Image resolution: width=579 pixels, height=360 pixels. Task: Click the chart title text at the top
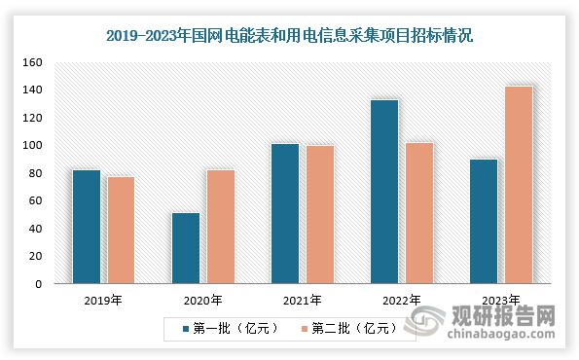pyautogui.click(x=289, y=37)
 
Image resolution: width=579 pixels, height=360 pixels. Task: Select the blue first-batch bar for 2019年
pyautogui.click(x=87, y=227)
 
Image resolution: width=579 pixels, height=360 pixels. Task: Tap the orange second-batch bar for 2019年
pyautogui.click(x=121, y=231)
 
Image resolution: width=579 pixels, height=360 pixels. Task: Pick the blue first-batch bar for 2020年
pyautogui.click(x=186, y=248)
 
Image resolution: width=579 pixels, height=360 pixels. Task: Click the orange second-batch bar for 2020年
pyautogui.click(x=220, y=227)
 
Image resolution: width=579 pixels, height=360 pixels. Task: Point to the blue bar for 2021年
pyautogui.click(x=285, y=214)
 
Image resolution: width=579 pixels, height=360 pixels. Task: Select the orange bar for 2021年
pyautogui.click(x=319, y=215)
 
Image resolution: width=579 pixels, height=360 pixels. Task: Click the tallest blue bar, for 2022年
pyautogui.click(x=384, y=192)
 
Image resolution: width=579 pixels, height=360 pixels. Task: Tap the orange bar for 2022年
pyautogui.click(x=418, y=213)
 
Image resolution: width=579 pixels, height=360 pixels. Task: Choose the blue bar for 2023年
pyautogui.click(x=484, y=222)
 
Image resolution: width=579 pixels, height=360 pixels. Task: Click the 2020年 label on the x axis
pyautogui.click(x=202, y=301)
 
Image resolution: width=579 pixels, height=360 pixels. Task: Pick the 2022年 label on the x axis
pyautogui.click(x=401, y=301)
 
